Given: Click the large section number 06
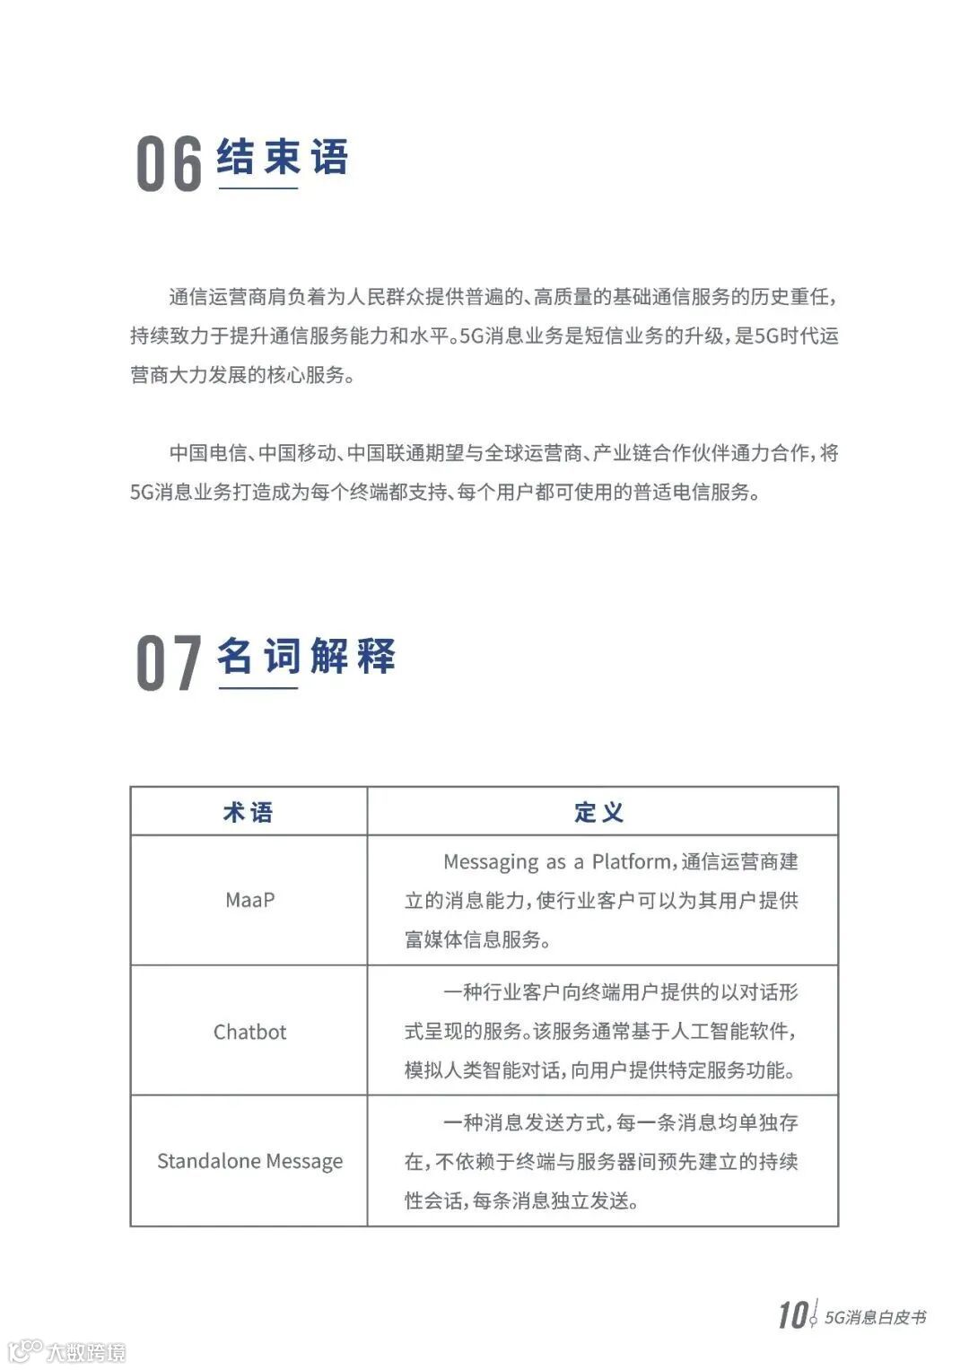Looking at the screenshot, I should pos(169,165).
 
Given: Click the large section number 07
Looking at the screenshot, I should pos(169,664).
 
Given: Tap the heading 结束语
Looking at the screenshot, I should pos(282,157).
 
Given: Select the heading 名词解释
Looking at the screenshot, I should pos(306,656).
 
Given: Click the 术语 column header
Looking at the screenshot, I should pos(249,812).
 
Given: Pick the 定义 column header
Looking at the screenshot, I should pos(599,812).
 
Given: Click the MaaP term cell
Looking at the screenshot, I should pos(249,900).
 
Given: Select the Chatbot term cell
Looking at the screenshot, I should pos(249,1032).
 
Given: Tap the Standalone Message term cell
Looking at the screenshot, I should pos(249,1161).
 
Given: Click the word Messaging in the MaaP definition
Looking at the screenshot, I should pos(491,862).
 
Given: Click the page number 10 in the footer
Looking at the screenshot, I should pos(792,1315).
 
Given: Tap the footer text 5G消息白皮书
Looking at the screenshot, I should pos(875,1317).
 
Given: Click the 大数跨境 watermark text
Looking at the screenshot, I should pos(86,1351).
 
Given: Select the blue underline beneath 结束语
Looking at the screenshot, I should pos(258,188).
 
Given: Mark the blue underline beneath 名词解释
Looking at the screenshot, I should pos(258,688).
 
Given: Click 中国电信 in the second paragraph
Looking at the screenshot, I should pos(207,453).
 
